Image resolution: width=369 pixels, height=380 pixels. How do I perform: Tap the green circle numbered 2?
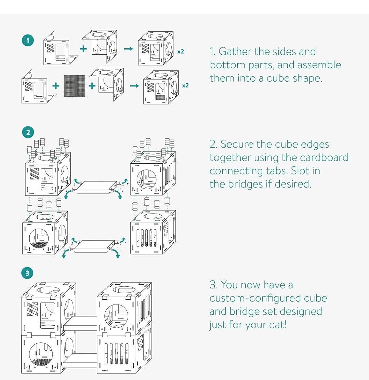pos(28,132)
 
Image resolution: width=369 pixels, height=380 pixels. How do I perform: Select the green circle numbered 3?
pos(28,273)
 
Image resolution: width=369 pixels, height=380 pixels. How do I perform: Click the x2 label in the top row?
pos(181,52)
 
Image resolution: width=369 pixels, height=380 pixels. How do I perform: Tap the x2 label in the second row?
pos(185,85)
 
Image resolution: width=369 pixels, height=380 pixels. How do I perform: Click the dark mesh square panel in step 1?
pos(74,85)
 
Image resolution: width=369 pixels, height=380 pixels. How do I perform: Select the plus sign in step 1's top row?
pos(83,49)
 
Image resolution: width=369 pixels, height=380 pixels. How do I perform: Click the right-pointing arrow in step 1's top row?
pos(128,49)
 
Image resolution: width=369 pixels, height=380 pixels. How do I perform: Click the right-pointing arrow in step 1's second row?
pos(134,85)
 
